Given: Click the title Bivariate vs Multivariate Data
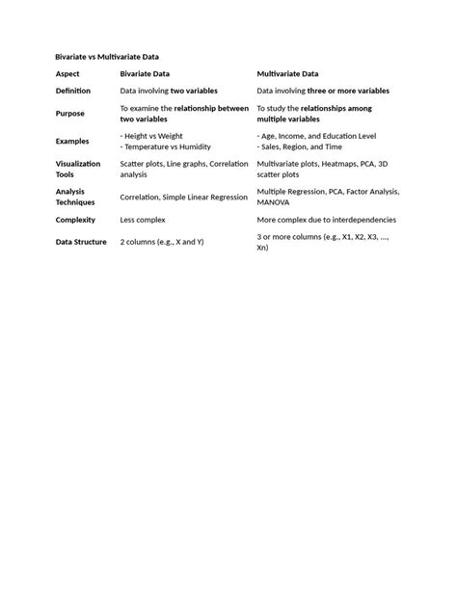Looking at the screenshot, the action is point(107,57).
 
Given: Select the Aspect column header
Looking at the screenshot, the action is point(67,73).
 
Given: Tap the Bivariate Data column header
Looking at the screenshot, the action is point(146,73).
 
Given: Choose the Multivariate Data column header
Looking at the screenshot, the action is point(287,73).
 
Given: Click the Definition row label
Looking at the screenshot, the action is point(73,91).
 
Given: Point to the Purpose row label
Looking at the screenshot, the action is point(70,114).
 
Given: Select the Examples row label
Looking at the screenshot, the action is point(72,142).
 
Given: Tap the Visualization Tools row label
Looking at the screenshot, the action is point(78,169).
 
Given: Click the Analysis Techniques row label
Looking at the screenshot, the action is point(75,197).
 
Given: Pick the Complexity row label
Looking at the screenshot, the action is point(75,220).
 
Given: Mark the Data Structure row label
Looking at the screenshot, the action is point(81,242).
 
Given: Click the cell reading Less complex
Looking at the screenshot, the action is point(143,220).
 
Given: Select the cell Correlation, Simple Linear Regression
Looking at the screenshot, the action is point(183,197).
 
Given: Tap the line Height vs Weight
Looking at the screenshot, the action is point(153,136).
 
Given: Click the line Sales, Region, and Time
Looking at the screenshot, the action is point(302,147).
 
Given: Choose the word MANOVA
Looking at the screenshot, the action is point(273,202).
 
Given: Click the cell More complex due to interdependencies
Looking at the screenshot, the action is point(326,220).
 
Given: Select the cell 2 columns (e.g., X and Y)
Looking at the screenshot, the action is point(162,242).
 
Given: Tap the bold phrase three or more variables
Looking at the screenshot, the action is point(349,91).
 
